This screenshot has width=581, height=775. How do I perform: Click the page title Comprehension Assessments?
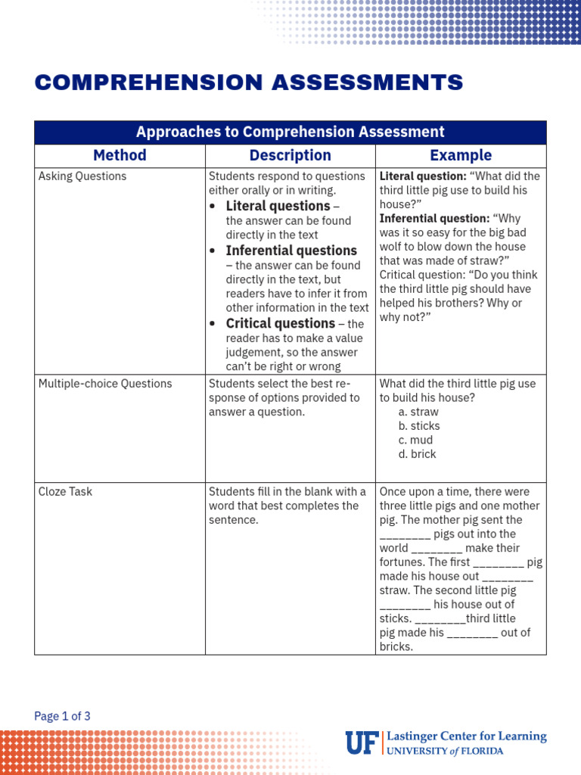(249, 82)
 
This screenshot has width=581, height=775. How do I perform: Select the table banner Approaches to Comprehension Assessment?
(290, 132)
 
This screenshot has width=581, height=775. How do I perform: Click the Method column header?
(120, 155)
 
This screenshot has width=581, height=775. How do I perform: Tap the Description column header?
(290, 155)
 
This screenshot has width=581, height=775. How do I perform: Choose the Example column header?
(460, 155)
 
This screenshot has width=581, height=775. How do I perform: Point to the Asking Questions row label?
(82, 176)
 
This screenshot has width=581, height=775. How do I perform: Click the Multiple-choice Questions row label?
(105, 384)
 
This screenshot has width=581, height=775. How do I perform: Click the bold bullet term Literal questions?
(278, 206)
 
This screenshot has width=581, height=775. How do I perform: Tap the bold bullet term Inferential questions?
(291, 251)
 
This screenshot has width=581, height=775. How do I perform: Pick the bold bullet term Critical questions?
(280, 323)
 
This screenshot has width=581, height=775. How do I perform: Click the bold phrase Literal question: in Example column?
(422, 176)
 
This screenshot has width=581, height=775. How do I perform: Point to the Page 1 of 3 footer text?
(63, 716)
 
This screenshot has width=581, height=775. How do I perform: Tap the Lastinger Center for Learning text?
(466, 736)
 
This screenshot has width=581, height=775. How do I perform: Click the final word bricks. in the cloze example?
(396, 647)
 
